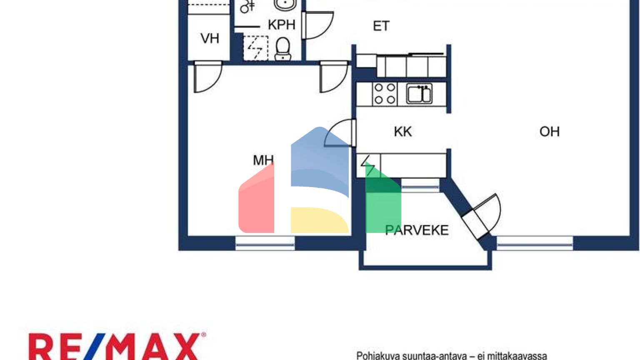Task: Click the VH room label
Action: point(210,38)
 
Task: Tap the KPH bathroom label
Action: point(282,25)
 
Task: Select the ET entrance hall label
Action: point(381,26)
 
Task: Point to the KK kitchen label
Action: point(402,132)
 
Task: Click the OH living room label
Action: point(549,132)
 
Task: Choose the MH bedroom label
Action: point(263,160)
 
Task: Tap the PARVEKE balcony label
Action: point(417,230)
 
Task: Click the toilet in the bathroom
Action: point(283,48)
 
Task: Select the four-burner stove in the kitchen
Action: point(384,94)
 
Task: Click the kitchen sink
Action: point(419,94)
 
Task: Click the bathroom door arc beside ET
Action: point(319,25)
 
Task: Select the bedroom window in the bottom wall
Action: point(265,243)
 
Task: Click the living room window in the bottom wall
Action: point(535,243)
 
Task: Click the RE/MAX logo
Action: point(117,346)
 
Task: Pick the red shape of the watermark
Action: point(256,202)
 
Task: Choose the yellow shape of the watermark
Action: point(319,220)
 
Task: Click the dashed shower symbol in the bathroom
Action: point(255,48)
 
